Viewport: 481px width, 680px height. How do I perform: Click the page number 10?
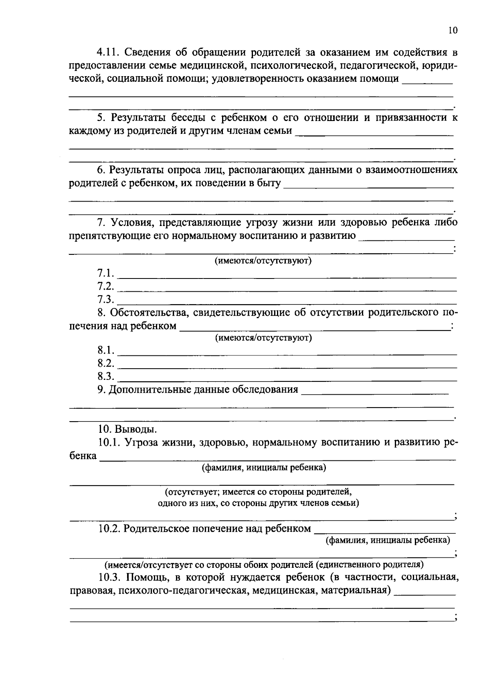pyautogui.click(x=453, y=31)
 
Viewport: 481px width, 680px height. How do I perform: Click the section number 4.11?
pyautogui.click(x=109, y=52)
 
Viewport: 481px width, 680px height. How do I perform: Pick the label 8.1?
pyautogui.click(x=105, y=350)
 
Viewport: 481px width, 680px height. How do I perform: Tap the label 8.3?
pyautogui.click(x=105, y=376)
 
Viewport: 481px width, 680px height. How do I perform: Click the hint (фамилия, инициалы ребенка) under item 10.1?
pyautogui.click(x=263, y=467)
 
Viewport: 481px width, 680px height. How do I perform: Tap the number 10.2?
pyautogui.click(x=109, y=529)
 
